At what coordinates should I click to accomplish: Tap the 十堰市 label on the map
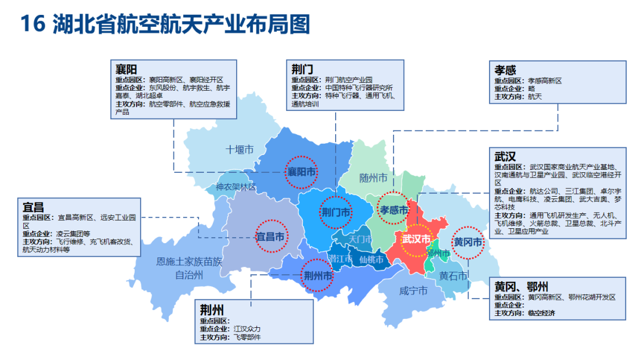pos(240,150)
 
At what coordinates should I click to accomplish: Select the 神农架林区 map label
pos(236,187)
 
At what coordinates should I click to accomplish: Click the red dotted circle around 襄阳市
pos(301,172)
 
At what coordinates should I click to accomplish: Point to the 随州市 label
pos(373,178)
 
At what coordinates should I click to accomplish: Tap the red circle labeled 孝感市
pos(394,209)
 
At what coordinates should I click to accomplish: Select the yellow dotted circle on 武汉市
pos(416,240)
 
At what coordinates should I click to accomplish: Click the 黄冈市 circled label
pos(468,243)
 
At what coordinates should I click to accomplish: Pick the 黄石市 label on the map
pos(453,276)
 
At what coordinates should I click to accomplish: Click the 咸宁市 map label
pos(413,291)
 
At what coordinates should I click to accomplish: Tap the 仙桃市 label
pos(370,260)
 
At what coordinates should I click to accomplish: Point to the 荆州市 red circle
pos(317,275)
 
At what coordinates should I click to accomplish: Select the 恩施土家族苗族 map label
pos(189,261)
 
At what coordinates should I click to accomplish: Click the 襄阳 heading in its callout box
pos(126,69)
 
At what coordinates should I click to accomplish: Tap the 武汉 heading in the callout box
pos(504,157)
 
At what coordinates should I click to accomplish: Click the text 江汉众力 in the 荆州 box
pos(247,329)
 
